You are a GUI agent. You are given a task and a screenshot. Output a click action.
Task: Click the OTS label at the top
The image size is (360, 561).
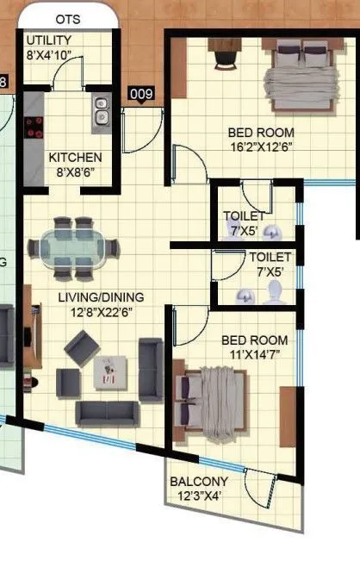(68, 18)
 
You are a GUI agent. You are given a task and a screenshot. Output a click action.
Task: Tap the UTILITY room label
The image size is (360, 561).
(49, 41)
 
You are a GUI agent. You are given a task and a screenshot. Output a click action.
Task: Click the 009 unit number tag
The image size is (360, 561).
(140, 94)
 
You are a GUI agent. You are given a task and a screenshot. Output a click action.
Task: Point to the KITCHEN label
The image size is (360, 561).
(75, 158)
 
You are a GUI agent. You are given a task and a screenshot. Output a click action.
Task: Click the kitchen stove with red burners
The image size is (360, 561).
(34, 128)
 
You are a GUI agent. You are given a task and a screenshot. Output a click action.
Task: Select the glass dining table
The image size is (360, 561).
(73, 248)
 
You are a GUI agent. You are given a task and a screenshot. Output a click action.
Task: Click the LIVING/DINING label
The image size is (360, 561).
(100, 297)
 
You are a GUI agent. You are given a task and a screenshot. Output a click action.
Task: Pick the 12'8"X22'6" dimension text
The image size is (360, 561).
(102, 313)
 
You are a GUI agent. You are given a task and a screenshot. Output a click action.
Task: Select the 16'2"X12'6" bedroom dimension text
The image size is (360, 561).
(261, 148)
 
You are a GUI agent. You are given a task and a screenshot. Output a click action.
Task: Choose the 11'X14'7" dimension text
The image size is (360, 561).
(255, 354)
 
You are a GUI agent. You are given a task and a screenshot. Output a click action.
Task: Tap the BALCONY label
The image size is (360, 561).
(198, 481)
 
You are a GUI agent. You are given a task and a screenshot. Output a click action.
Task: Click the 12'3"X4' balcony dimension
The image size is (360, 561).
(199, 496)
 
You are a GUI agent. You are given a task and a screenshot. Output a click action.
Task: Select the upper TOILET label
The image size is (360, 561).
(244, 215)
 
